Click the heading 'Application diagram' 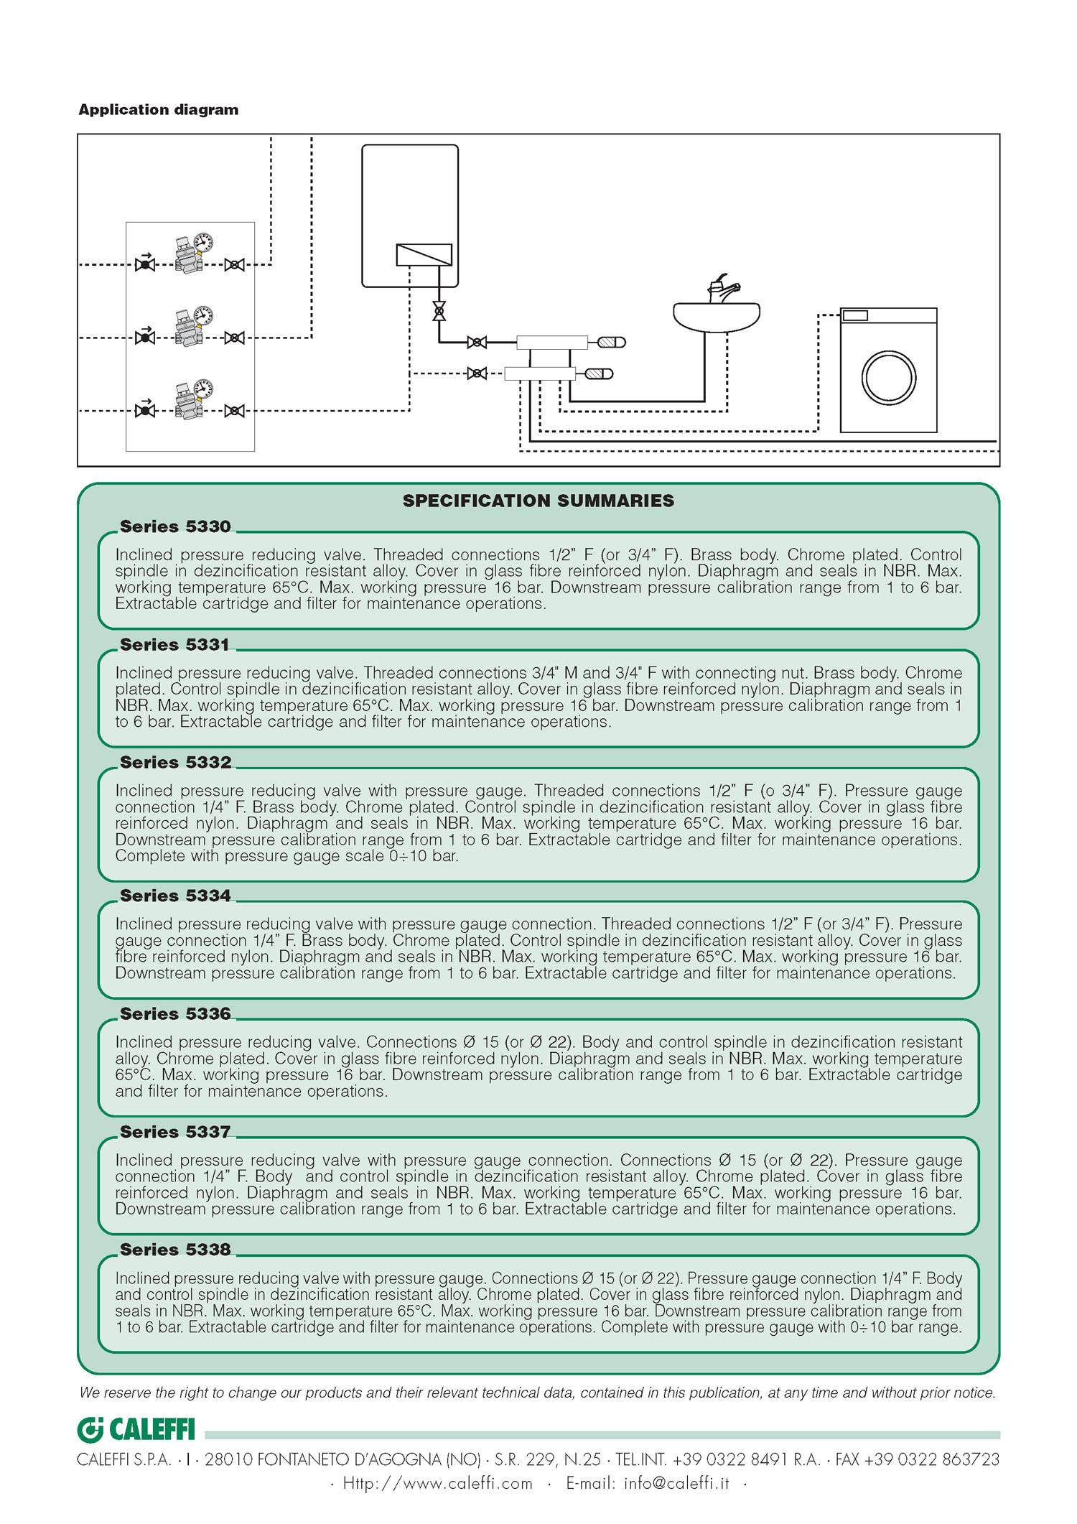click(158, 110)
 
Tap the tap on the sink click(722, 289)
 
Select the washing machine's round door click(888, 378)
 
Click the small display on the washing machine click(855, 315)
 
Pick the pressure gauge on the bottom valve click(204, 389)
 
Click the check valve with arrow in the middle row click(145, 337)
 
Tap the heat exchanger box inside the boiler click(424, 254)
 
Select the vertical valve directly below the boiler click(439, 311)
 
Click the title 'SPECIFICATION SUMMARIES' click(538, 501)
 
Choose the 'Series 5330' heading click(175, 526)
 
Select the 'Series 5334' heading click(175, 896)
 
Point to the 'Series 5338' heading click(175, 1250)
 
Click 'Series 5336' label click(175, 1013)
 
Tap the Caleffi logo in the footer click(136, 1430)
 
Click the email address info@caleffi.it click(676, 1483)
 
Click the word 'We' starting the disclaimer click(90, 1393)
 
